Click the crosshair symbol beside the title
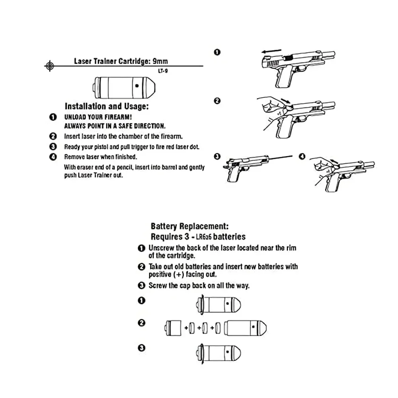click(49, 65)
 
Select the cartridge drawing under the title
click(124, 86)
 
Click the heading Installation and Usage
click(107, 107)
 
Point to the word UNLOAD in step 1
click(77, 118)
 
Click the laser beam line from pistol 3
click(279, 156)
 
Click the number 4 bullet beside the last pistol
click(302, 156)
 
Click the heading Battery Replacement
click(189, 226)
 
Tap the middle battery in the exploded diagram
click(205, 328)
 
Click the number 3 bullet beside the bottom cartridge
click(141, 348)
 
